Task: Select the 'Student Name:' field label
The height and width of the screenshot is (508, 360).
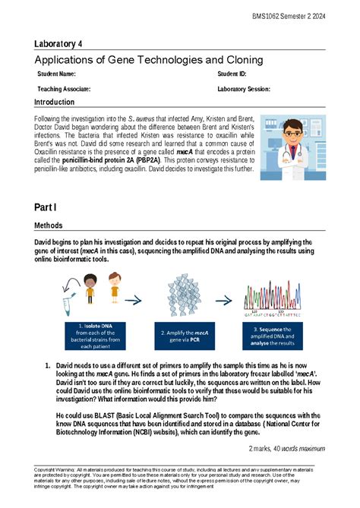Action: click(57, 74)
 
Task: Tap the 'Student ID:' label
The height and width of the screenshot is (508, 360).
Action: click(232, 74)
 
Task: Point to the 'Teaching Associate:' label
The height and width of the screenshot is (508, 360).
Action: click(65, 89)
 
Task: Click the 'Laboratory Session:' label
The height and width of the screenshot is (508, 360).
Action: click(244, 89)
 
